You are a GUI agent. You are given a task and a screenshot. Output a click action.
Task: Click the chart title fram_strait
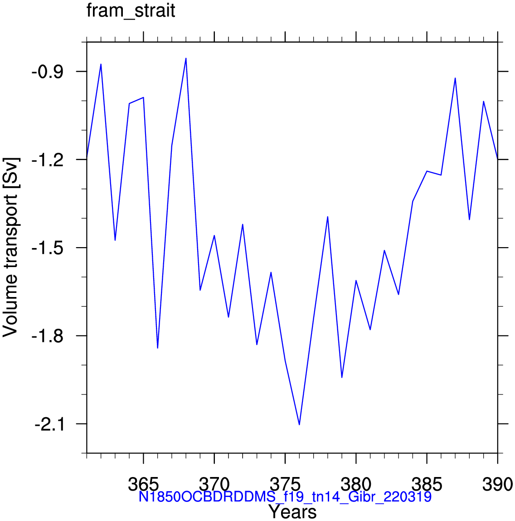131,10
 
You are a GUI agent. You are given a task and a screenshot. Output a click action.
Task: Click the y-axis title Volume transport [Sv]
10,247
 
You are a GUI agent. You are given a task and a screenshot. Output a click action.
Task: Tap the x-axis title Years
292,511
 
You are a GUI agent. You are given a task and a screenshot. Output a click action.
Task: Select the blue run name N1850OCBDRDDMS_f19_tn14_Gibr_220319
285,497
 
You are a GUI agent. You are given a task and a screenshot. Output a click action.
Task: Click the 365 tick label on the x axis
143,484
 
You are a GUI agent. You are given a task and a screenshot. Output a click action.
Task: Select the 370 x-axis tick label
214,484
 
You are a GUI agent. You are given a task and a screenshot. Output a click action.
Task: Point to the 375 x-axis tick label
285,484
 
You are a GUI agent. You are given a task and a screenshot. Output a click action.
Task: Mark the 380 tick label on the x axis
356,484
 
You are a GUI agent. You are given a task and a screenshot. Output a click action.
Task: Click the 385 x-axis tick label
427,484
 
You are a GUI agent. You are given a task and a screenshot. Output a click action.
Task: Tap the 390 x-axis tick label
497,484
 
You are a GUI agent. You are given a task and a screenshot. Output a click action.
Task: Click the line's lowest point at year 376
299,424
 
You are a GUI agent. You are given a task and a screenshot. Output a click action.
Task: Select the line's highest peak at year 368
186,58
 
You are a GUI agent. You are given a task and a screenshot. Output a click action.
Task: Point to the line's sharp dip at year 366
157,348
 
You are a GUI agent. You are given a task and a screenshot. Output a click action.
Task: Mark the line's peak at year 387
455,78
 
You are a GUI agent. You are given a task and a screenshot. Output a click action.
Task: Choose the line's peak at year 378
328,217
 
